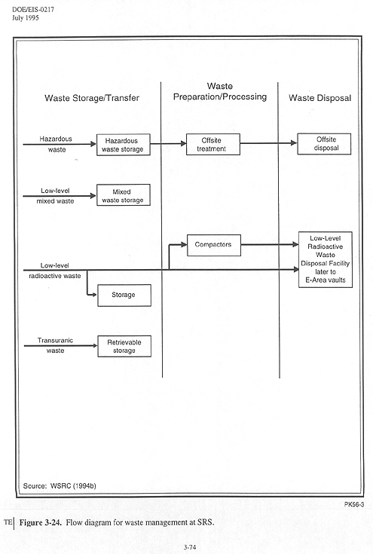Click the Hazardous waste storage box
124,145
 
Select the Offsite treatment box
213,144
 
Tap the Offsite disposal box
324,144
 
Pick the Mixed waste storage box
124,194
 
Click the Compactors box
214,245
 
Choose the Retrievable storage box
124,346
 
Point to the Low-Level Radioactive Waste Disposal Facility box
326,260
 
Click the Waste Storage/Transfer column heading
92,98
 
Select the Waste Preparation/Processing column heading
220,91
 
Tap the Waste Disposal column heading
320,98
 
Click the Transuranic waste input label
56,345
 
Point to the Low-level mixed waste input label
56,196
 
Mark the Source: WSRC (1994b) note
60,486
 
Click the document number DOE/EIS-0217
33,10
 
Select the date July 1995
26,17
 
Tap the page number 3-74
190,547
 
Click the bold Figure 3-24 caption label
40,522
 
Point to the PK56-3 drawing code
354,504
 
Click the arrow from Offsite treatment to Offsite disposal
268,143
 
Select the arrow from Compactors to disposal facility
270,244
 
